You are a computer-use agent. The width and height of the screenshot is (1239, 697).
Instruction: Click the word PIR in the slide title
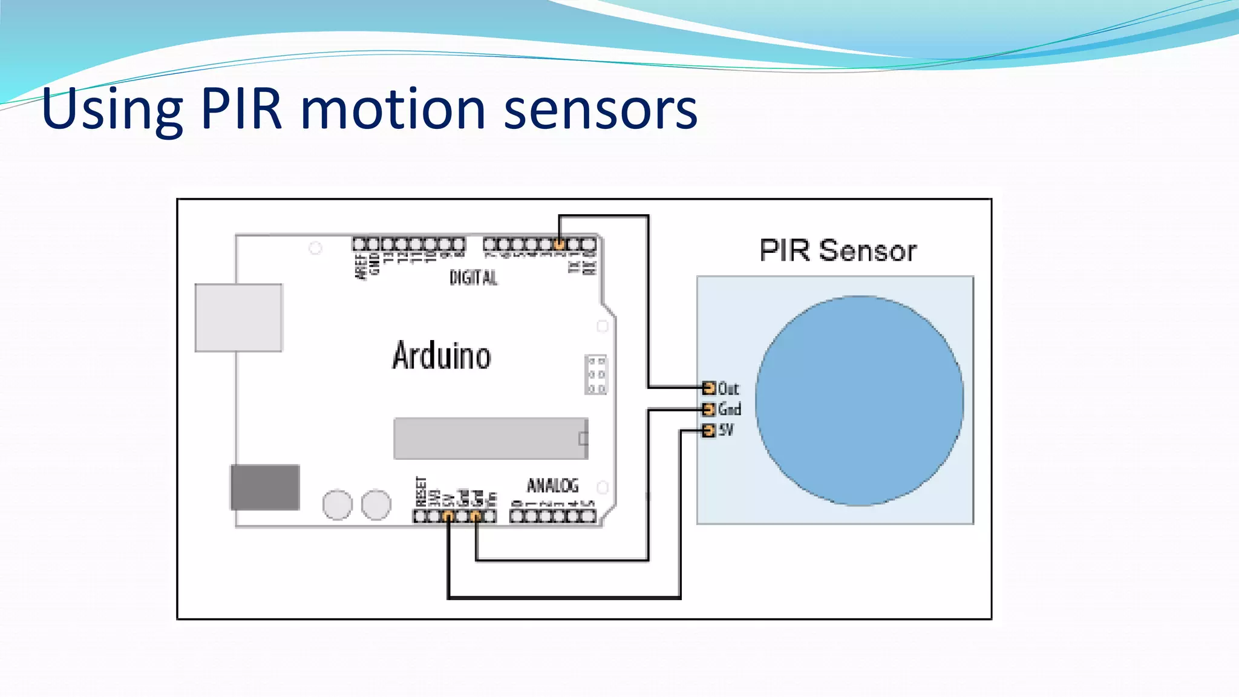coord(241,110)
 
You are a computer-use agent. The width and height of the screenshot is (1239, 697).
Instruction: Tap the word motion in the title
coord(393,110)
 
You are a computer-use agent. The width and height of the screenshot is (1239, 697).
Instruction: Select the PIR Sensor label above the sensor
coord(838,250)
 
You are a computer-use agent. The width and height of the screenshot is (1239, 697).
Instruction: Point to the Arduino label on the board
coord(442,356)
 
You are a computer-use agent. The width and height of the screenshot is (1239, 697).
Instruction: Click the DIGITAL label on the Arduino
coord(473,278)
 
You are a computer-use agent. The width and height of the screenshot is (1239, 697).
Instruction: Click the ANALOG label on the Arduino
coord(552,485)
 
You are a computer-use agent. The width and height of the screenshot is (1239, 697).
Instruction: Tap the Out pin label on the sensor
coord(728,388)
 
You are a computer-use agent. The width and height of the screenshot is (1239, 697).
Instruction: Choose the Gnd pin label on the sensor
coord(730,410)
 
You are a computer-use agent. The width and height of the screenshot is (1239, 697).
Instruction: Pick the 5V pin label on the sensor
coord(726,430)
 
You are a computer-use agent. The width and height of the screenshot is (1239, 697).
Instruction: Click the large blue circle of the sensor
coord(859,401)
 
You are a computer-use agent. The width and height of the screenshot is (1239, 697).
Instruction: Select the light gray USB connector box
coord(238,318)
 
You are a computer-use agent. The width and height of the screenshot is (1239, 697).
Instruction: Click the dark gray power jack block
coord(265,487)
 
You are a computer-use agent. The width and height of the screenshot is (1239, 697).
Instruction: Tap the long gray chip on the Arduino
coord(490,438)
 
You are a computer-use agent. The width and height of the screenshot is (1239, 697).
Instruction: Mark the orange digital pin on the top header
coord(560,244)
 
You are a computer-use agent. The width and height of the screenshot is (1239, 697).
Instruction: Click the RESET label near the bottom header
coord(421,491)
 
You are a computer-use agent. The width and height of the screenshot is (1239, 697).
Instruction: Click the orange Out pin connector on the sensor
coord(708,387)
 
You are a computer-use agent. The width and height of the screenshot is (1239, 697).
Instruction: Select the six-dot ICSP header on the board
coord(596,375)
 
